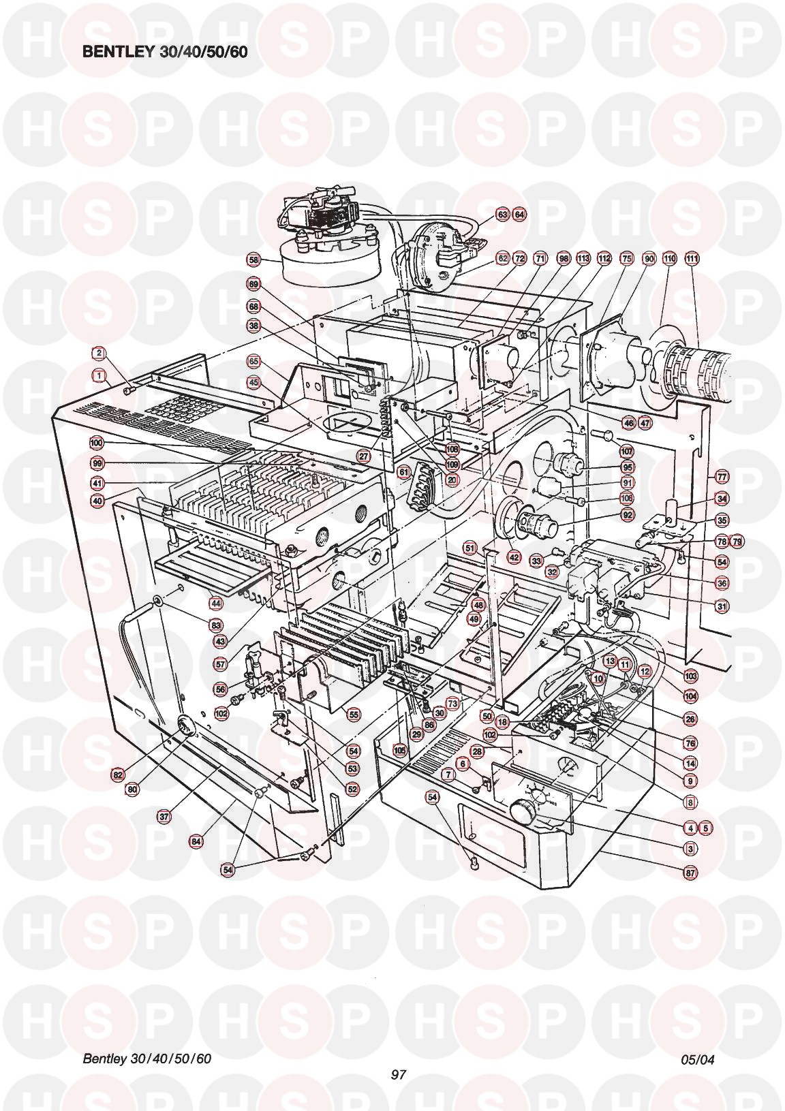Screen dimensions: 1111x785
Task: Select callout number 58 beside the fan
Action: (253, 260)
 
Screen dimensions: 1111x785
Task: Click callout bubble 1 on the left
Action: (99, 375)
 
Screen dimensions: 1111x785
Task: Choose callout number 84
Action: (196, 841)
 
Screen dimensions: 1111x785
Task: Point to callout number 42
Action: (514, 557)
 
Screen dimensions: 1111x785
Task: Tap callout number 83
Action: (216, 625)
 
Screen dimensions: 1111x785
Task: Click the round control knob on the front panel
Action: (523, 811)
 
